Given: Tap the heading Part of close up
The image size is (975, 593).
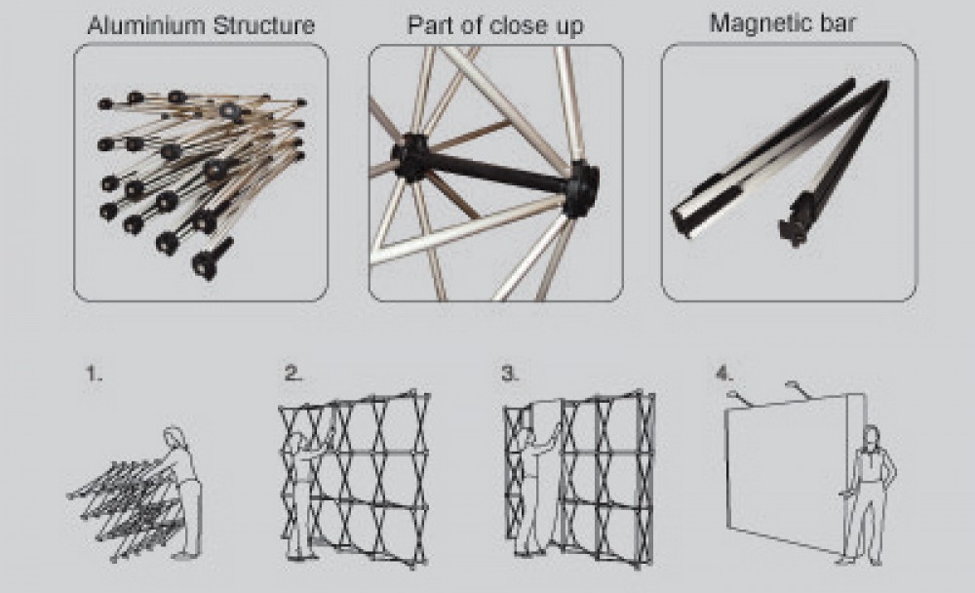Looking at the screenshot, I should tap(494, 25).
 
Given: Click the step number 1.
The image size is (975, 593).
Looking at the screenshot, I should tap(93, 374).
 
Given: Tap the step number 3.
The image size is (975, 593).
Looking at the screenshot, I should tap(510, 374).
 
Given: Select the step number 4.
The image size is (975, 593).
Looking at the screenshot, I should tap(723, 373).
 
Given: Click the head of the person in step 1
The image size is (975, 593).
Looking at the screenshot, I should tap(175, 436).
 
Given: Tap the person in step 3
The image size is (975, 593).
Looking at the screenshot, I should tap(531, 488).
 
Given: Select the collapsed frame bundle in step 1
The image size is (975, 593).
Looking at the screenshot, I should tap(122, 502).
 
